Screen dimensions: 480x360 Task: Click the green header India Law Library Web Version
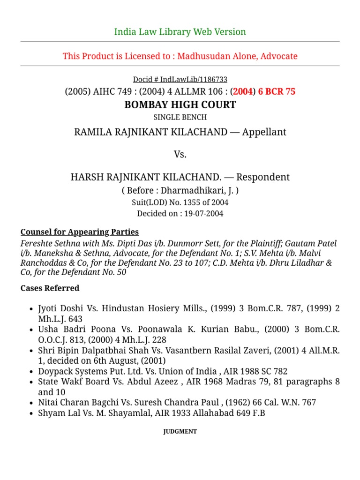tap(180, 32)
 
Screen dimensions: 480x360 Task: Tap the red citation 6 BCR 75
tap(277, 92)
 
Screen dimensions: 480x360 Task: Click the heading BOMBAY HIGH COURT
tap(180, 105)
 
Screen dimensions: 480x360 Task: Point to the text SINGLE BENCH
tap(180, 117)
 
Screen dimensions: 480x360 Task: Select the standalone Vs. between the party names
tap(180, 155)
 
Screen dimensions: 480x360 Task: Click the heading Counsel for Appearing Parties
tap(80, 232)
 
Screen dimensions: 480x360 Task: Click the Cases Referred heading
tap(50, 288)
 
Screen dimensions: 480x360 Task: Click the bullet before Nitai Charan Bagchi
tap(31, 403)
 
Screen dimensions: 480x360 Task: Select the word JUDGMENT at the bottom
tap(180, 431)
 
